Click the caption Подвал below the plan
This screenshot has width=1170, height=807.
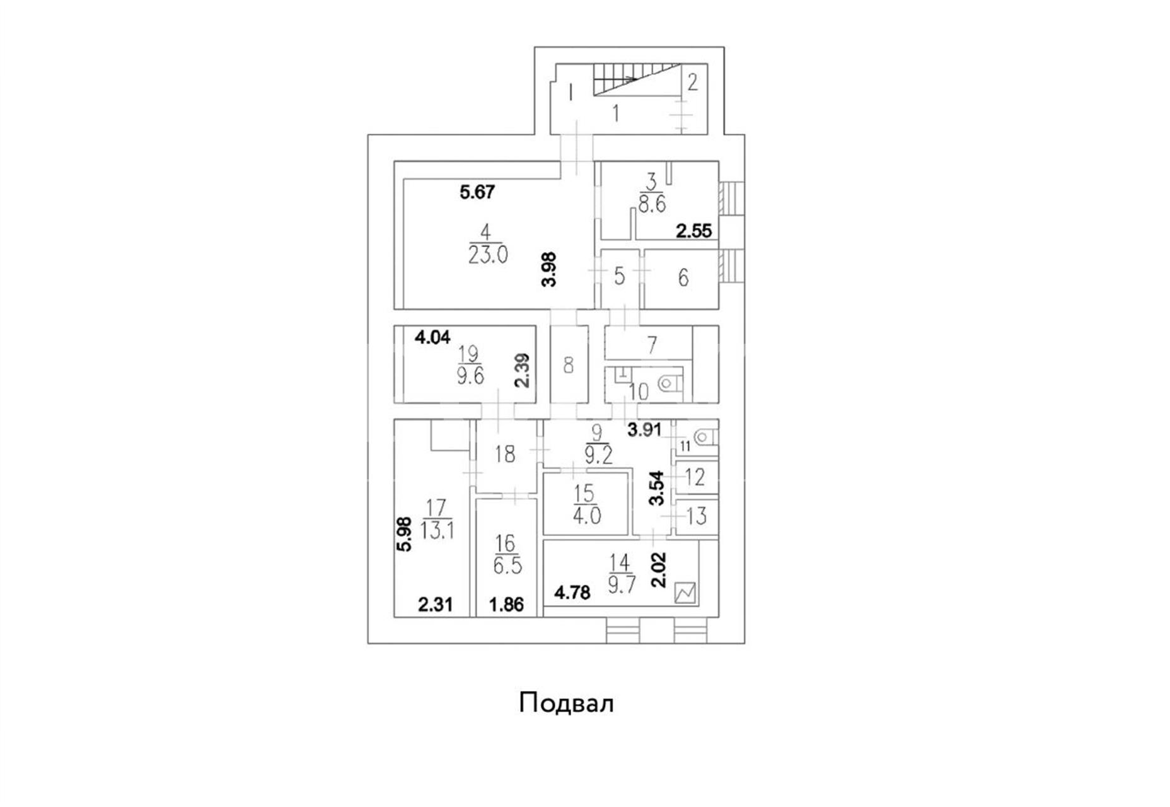click(566, 703)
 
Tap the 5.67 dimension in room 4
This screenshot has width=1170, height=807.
click(477, 192)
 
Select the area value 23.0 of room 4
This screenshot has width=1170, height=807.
click(488, 255)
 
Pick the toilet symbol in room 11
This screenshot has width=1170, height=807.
click(703, 436)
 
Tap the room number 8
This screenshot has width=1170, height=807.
click(569, 365)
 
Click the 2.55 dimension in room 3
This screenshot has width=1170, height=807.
click(693, 231)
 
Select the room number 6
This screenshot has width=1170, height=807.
click(683, 277)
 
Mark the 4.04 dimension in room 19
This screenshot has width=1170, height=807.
click(432, 337)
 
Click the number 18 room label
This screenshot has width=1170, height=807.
click(505, 454)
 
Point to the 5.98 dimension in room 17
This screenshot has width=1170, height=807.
click(405, 535)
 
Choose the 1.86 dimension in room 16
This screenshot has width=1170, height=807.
click(507, 605)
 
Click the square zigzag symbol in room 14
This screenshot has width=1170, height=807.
click(685, 593)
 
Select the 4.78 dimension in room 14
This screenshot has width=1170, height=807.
click(572, 593)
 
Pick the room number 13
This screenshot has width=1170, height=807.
click(696, 516)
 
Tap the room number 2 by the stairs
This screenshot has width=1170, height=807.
click(692, 82)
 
